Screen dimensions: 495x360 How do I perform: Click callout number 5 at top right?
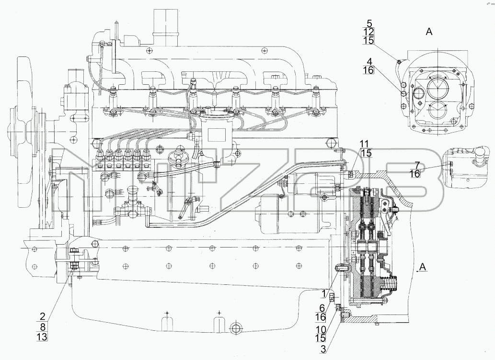point(369,23)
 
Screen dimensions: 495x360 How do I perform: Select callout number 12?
point(368,32)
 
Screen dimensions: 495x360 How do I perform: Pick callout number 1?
point(323,294)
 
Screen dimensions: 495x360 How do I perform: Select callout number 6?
point(322,308)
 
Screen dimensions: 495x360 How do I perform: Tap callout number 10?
point(321,329)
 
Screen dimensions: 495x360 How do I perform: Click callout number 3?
point(322,349)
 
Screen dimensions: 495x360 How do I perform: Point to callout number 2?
point(43,316)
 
